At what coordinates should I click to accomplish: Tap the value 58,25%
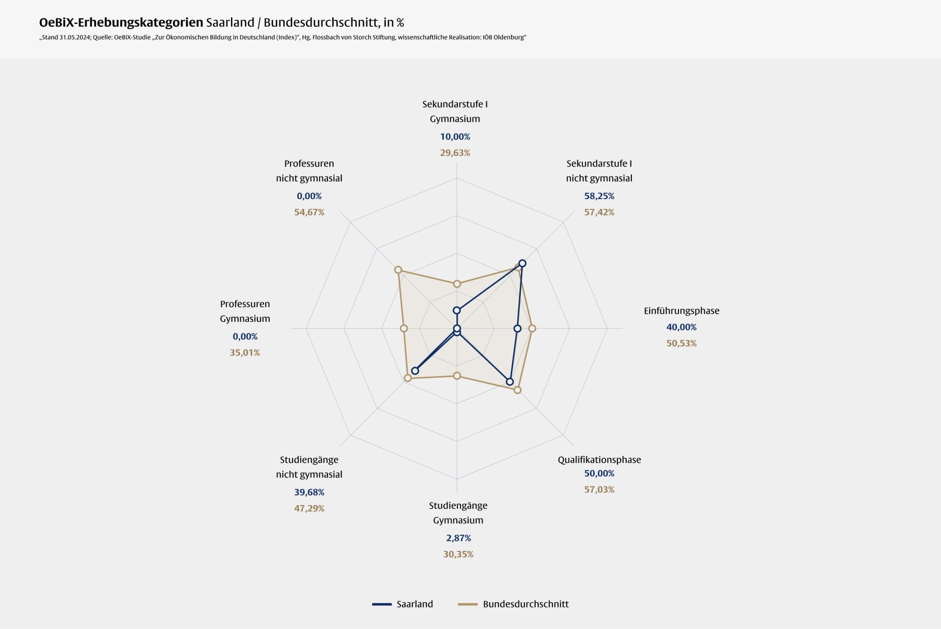coord(599,196)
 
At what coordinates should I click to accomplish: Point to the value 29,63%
coord(455,153)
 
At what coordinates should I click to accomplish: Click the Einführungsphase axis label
coord(681,311)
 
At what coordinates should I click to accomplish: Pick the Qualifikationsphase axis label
coord(599,460)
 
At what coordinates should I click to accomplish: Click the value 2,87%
coord(458,538)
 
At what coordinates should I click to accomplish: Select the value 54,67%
coord(309,212)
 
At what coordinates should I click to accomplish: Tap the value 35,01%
coord(245,353)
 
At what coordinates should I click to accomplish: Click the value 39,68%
coord(309,493)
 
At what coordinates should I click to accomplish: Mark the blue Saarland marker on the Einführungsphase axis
coord(517,328)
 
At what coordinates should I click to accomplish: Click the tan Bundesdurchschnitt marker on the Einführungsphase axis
coord(532,328)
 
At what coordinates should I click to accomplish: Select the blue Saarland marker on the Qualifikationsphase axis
coord(510,382)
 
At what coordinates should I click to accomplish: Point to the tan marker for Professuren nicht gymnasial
coord(398,270)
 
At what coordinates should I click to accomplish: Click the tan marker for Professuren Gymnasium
coord(404,328)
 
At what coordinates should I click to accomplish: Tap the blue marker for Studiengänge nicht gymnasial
coord(415,371)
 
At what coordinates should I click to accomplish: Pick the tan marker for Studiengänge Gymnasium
coord(457,375)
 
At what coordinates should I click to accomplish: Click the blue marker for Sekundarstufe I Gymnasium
coord(457,311)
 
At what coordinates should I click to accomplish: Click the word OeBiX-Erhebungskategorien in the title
coord(121,23)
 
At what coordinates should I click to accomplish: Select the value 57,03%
coord(599,490)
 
